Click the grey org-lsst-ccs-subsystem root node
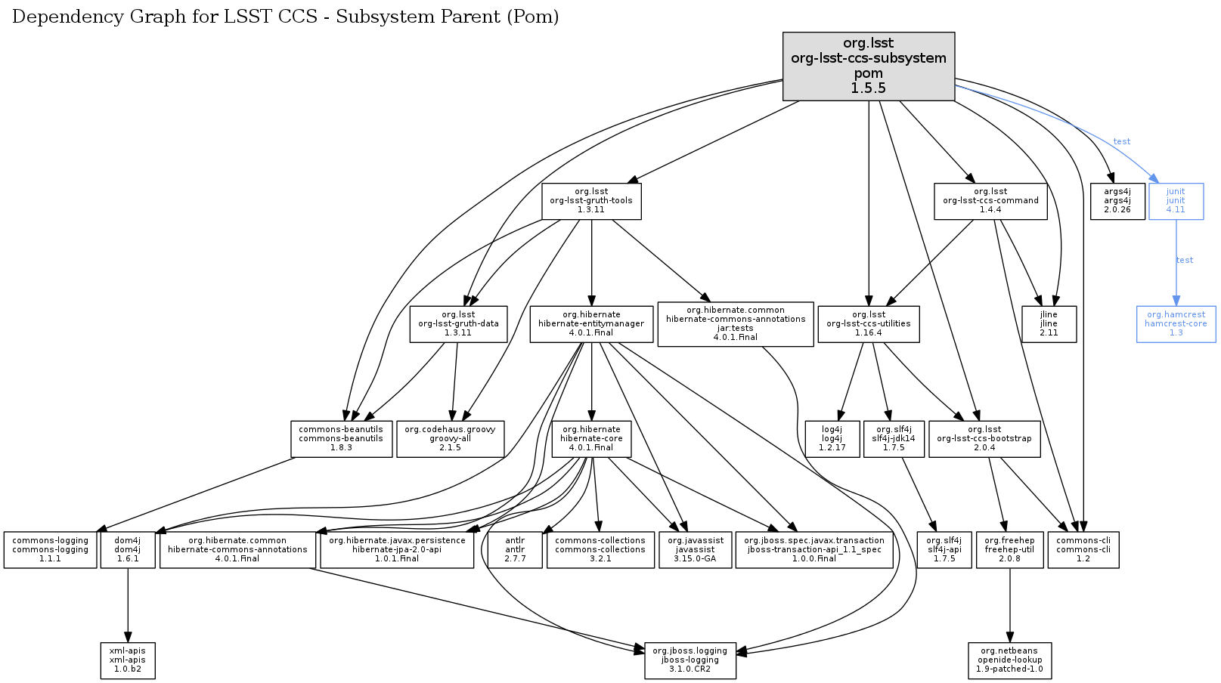point(868,66)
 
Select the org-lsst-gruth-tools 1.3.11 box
point(591,201)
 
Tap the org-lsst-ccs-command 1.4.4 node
point(990,201)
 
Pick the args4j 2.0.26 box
point(1117,201)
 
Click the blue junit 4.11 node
point(1175,201)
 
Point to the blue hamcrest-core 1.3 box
point(1175,323)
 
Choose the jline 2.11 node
point(1048,323)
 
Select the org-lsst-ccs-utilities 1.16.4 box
point(868,323)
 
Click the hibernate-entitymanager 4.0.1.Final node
point(591,323)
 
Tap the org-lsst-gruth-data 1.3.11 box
point(458,323)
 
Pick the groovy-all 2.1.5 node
point(450,439)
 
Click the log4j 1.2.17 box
point(832,439)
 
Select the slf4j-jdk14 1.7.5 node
point(893,439)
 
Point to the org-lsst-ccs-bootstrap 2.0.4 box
point(984,439)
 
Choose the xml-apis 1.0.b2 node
point(127,660)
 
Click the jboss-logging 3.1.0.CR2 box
point(690,660)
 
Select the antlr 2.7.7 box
point(514,550)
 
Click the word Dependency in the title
point(59,17)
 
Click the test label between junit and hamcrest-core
point(1184,261)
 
